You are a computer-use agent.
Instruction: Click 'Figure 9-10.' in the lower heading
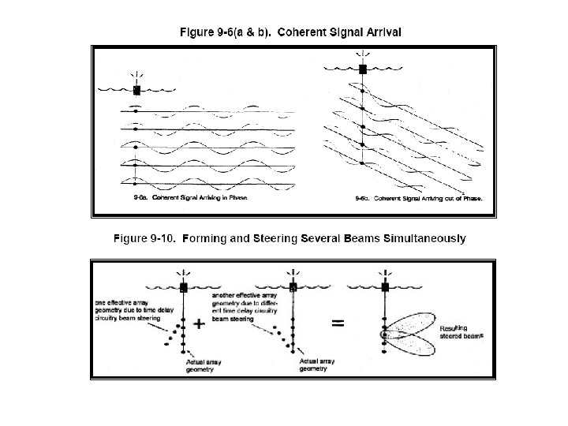pos(144,237)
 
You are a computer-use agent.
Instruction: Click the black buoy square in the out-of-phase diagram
pos(363,69)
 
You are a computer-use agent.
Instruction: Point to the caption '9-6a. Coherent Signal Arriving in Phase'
pos(191,198)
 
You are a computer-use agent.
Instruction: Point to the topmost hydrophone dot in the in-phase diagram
pos(136,110)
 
